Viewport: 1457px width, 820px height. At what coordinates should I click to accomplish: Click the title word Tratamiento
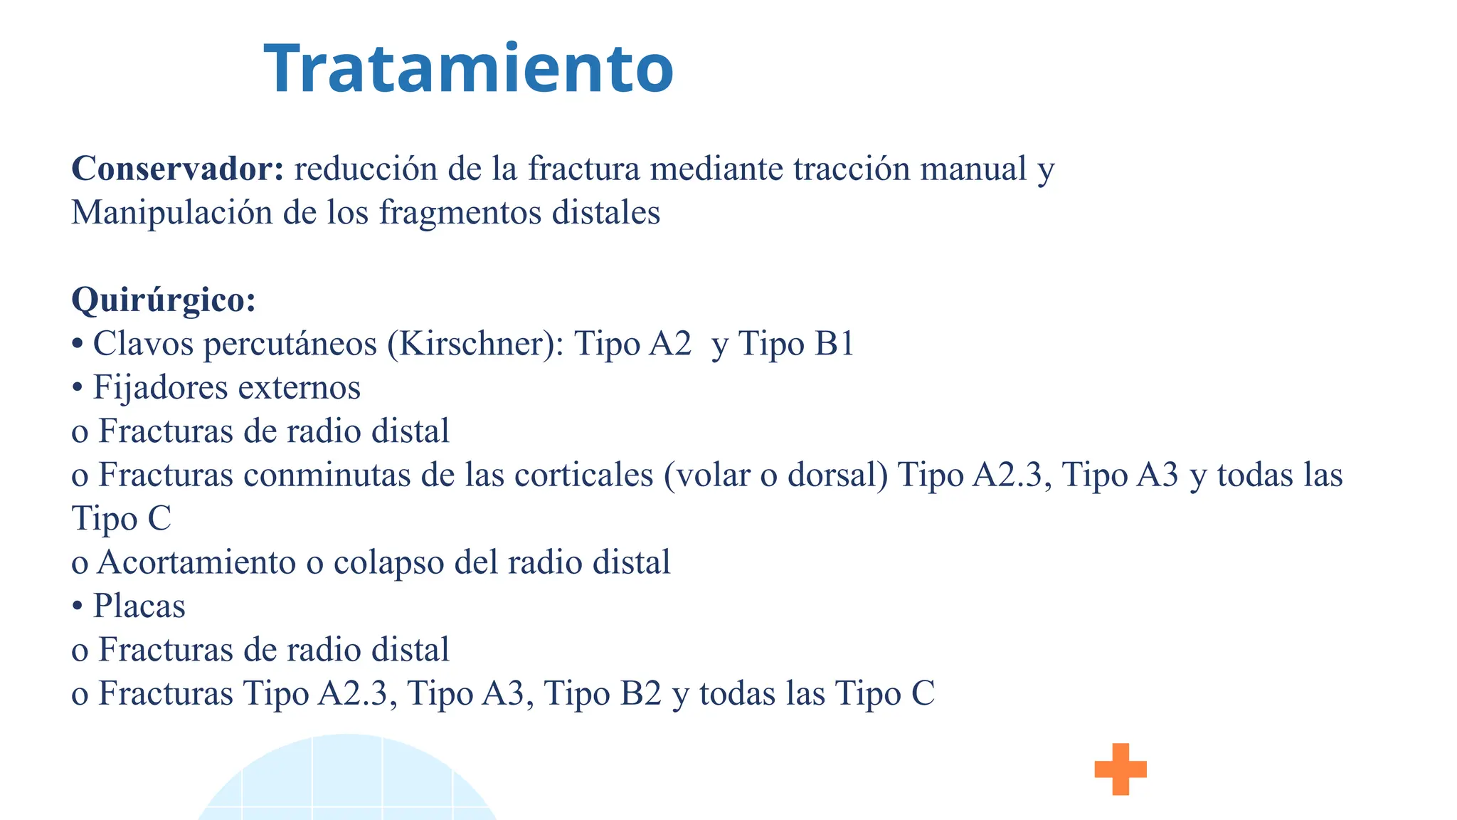pyautogui.click(x=468, y=69)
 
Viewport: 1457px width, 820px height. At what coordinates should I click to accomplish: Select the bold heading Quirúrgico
pyautogui.click(x=163, y=300)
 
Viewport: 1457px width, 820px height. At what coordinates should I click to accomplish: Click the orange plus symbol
pyautogui.click(x=1120, y=769)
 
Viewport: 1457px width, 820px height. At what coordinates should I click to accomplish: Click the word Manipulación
pyautogui.click(x=171, y=213)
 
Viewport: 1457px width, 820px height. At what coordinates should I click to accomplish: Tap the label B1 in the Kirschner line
pyautogui.click(x=834, y=344)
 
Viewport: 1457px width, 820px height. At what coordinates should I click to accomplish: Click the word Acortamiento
pyautogui.click(x=196, y=562)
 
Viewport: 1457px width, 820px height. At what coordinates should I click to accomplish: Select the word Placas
pyautogui.click(x=139, y=606)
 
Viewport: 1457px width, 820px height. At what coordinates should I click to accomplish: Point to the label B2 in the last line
pyautogui.click(x=641, y=693)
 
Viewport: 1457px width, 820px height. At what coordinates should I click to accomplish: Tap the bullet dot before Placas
pyautogui.click(x=78, y=606)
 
